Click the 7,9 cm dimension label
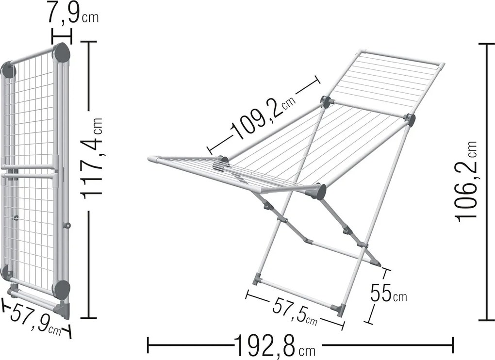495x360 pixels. coord(73,13)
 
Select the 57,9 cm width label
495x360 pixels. coord(36,319)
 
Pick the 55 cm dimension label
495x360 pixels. coord(388,293)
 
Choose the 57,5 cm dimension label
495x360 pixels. coord(295,311)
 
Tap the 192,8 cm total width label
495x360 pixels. coord(274,346)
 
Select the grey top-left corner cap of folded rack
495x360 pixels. coord(9,71)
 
